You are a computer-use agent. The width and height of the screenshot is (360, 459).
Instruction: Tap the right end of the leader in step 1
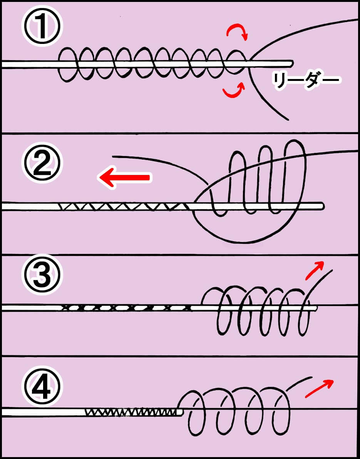pyautogui.click(x=291, y=62)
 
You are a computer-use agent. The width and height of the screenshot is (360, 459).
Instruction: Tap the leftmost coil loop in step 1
pyautogui.click(x=67, y=65)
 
